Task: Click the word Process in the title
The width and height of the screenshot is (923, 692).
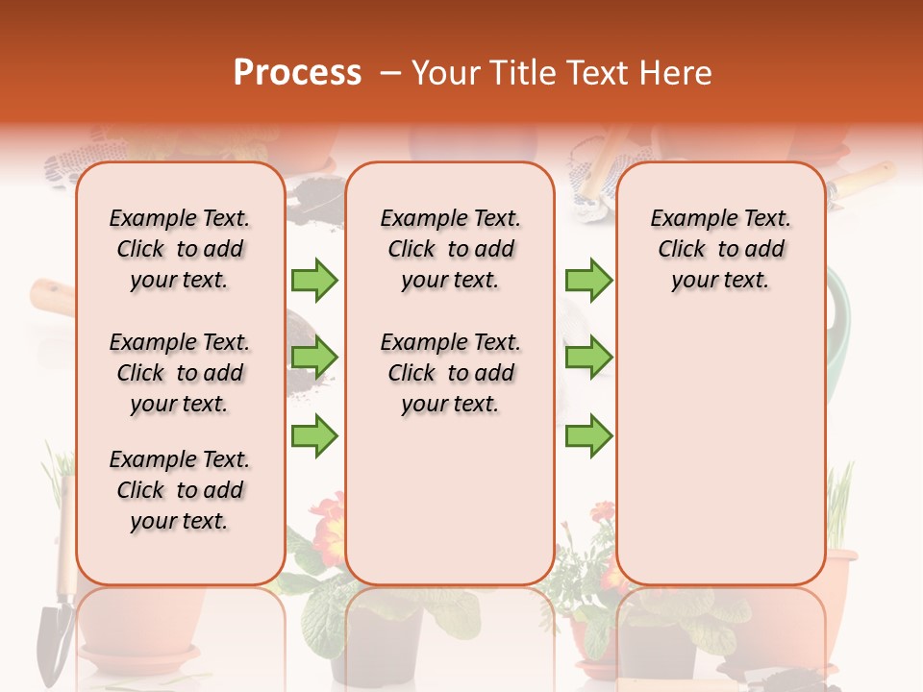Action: click(297, 72)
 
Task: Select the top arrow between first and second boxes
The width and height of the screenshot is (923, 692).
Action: click(314, 280)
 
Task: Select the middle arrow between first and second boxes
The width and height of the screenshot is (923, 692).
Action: click(314, 358)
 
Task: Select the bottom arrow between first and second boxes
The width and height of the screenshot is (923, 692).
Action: click(314, 435)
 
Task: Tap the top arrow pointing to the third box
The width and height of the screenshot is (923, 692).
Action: click(588, 280)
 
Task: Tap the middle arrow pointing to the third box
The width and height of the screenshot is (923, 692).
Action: click(588, 358)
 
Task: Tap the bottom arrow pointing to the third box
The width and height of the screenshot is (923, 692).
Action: click(588, 435)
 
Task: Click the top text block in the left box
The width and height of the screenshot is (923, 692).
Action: click(180, 249)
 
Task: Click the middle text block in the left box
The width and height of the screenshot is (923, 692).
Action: click(180, 373)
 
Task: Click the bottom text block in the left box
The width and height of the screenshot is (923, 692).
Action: click(180, 490)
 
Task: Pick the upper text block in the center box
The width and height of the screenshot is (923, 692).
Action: click(450, 249)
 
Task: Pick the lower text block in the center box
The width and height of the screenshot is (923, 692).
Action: click(450, 373)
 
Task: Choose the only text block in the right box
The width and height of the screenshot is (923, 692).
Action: click(720, 249)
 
